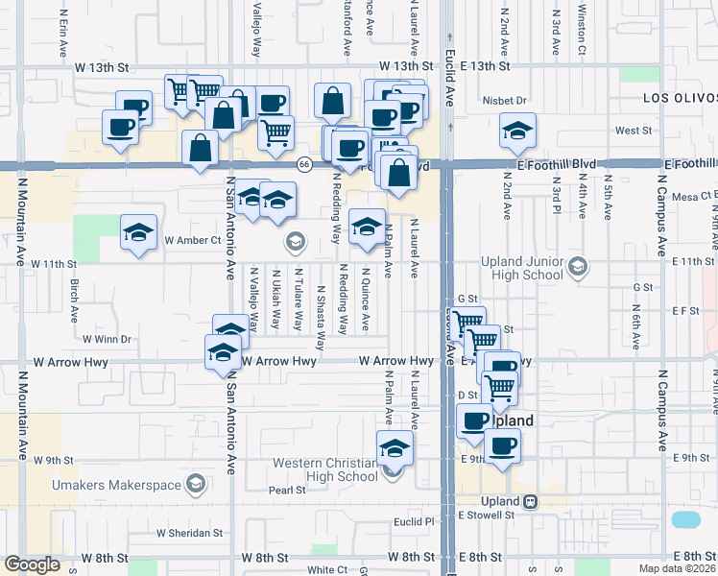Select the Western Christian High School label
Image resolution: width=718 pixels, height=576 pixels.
(325, 469)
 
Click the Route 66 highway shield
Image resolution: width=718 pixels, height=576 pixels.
(303, 164)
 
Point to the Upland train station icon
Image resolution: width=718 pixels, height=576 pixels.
(529, 501)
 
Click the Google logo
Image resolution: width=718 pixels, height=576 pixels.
(32, 564)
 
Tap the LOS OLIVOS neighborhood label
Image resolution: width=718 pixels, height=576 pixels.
(680, 99)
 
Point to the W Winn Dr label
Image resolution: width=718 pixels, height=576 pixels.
(106, 339)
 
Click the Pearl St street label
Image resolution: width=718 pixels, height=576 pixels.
(286, 490)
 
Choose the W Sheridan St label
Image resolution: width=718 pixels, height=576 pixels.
(189, 533)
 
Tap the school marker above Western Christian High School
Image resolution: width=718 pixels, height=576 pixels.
(395, 447)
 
